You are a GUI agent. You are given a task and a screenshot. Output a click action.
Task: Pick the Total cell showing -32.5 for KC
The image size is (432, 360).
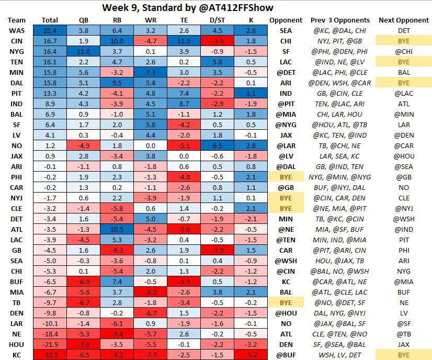click(x=49, y=355)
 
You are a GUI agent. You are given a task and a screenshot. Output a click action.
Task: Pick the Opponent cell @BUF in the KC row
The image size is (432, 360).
click(x=286, y=355)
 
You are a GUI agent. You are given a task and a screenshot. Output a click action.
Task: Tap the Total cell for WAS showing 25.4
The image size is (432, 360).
click(x=49, y=31)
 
